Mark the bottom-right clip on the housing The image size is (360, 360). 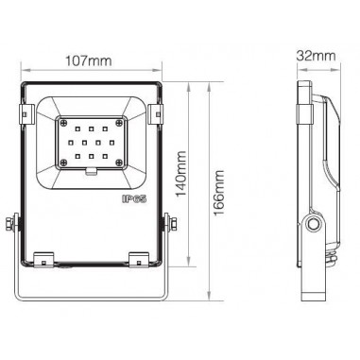coord(138,257)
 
